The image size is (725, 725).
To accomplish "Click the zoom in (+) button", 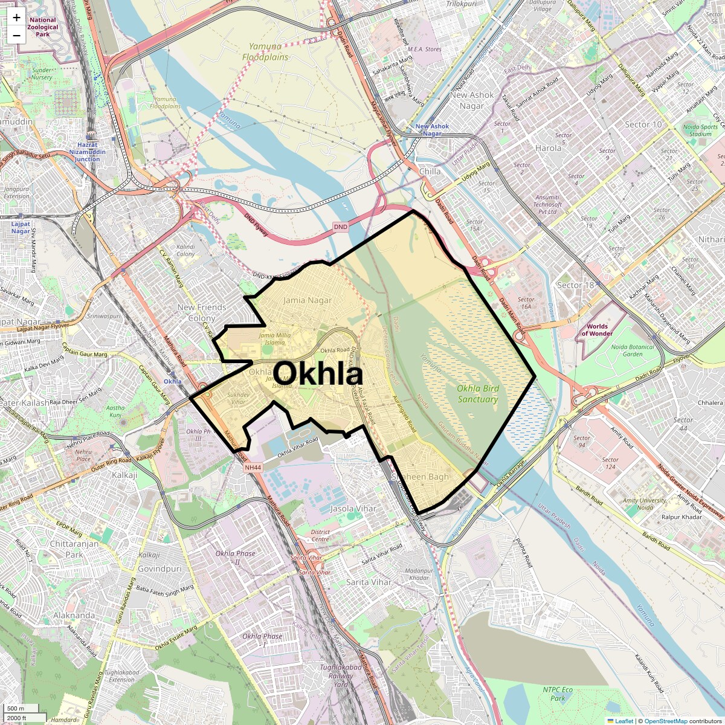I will coord(16,18).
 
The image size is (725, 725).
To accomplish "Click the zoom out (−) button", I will coord(16,35).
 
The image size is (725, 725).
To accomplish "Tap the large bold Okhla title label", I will coord(318,374).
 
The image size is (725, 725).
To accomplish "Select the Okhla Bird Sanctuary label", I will coord(477,394).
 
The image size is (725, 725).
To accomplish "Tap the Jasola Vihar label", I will coord(353,509).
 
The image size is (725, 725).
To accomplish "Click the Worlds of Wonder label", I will coord(597,330).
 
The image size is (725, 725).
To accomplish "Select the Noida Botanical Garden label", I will coord(633,350).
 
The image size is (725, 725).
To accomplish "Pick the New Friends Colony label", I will coord(202,312).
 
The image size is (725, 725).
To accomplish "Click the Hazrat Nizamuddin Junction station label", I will coord(87,152).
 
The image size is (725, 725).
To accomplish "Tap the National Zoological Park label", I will coord(43,27).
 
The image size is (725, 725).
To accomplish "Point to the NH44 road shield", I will coord(253,467).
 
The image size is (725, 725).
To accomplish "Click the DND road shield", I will coord(341,227).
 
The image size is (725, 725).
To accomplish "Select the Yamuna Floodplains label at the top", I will coord(265,52).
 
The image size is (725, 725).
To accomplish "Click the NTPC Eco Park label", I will coord(558,694).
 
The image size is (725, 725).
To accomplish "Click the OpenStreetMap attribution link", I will coord(665,721).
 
